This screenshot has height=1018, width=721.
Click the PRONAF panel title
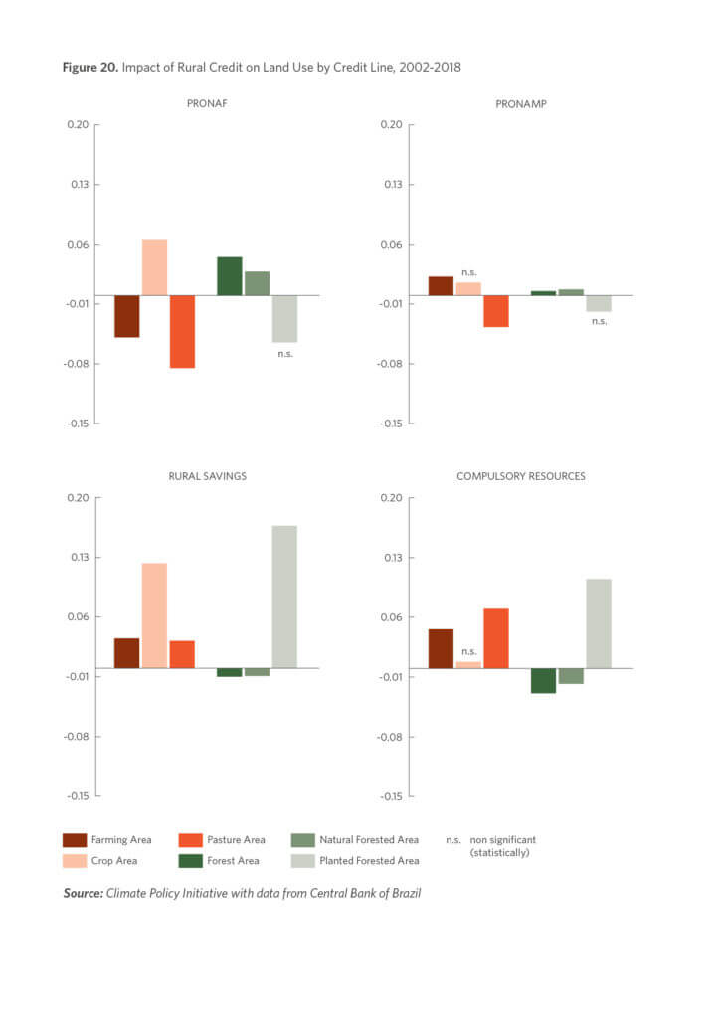click(x=208, y=103)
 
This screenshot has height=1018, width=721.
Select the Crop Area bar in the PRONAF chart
click(x=154, y=267)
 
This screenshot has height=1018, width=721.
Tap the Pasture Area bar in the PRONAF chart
click(x=182, y=331)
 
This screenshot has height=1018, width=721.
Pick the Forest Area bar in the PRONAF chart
click(x=230, y=276)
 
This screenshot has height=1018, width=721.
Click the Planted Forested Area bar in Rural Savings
click(x=284, y=596)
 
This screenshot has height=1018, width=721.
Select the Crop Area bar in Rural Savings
click(x=154, y=615)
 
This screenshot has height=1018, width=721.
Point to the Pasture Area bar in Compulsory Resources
click(x=496, y=638)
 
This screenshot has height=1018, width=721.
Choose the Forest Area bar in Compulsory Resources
click(x=543, y=680)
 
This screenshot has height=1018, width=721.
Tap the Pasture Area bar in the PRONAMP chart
click(x=496, y=311)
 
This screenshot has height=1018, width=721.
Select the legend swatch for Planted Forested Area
click(x=304, y=861)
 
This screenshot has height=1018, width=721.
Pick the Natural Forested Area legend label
click(x=369, y=840)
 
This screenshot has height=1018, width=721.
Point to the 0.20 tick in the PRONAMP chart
click(x=389, y=124)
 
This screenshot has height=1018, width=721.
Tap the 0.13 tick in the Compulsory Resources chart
click(x=389, y=557)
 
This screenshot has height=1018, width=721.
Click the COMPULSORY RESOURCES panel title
click(x=520, y=476)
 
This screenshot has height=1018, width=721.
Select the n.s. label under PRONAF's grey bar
click(x=285, y=353)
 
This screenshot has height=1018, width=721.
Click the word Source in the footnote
click(x=83, y=893)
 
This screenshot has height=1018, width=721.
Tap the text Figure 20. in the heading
click(x=90, y=67)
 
